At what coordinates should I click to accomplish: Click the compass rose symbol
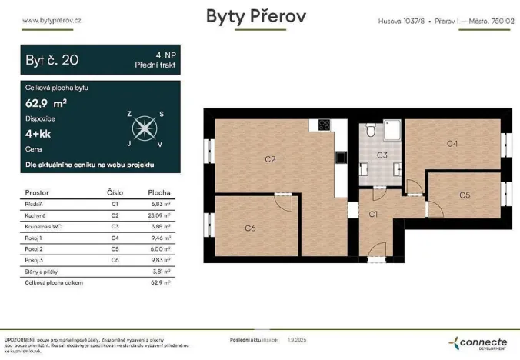[144, 128]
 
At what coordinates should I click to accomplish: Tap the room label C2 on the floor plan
[270, 159]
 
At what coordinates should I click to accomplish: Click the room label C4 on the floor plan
[452, 144]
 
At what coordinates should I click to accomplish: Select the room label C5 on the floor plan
[464, 195]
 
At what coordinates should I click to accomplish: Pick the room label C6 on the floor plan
[250, 228]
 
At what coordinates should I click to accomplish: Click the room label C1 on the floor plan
[373, 215]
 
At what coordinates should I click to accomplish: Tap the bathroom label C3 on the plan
[382, 155]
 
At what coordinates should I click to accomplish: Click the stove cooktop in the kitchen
[325, 126]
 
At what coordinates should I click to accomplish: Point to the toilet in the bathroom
[370, 131]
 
